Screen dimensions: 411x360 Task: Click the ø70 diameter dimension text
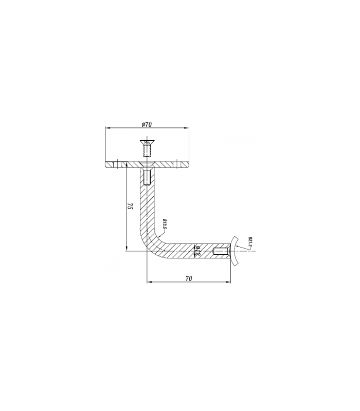(146, 124)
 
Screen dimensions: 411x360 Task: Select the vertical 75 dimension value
(131, 208)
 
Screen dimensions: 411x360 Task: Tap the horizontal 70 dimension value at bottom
(188, 277)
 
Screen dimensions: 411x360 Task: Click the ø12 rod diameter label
(198, 251)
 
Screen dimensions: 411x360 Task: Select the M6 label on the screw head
(147, 143)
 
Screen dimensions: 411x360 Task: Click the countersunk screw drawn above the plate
(147, 150)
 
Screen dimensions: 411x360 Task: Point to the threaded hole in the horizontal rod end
(220, 251)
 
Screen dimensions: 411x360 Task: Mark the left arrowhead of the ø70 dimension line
(106, 127)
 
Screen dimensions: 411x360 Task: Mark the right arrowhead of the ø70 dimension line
(187, 127)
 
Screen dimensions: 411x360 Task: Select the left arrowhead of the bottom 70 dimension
(149, 282)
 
